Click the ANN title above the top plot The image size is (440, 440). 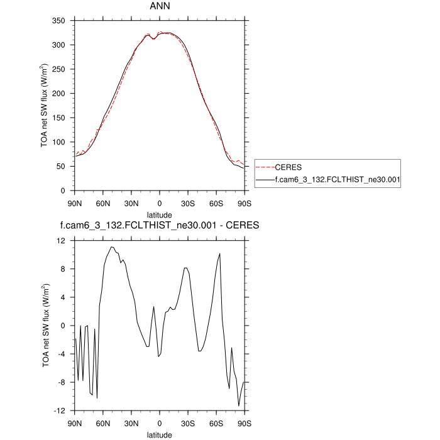(160, 8)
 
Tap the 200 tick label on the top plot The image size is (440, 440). (58, 94)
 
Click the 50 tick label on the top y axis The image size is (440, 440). (61, 167)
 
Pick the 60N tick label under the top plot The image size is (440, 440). (103, 204)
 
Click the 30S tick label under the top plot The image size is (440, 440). (188, 204)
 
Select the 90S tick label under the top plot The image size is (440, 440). (245, 204)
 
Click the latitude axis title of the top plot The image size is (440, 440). (160, 215)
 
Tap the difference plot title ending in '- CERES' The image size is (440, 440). (160, 225)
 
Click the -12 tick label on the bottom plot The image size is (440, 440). (60, 410)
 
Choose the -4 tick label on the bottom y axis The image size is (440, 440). (62, 354)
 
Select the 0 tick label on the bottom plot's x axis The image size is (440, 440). (160, 423)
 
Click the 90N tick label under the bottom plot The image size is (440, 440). (75, 423)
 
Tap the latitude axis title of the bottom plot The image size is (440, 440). (160, 434)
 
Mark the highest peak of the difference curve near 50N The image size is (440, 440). (111, 247)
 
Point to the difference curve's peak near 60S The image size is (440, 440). (220, 253)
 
